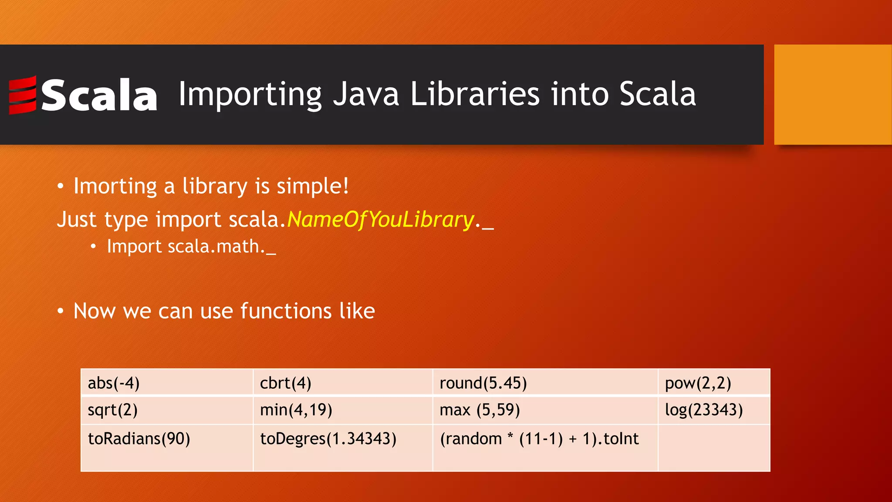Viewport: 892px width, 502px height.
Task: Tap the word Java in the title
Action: [x=366, y=94]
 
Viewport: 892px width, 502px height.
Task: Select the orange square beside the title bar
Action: [x=832, y=95]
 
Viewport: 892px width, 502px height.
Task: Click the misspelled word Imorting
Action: [x=115, y=186]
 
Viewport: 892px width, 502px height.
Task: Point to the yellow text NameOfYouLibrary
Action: [x=380, y=219]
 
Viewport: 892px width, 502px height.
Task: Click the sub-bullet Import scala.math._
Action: [x=191, y=247]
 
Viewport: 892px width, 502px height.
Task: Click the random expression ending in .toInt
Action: [x=539, y=439]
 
